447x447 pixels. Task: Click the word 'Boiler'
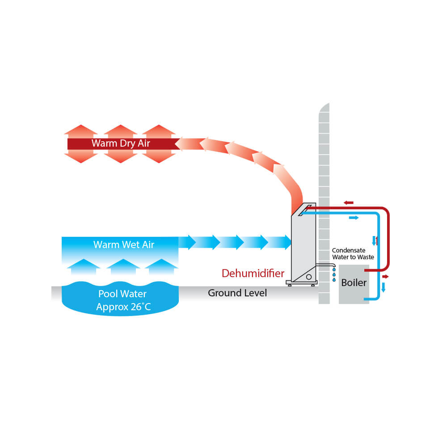point(354,283)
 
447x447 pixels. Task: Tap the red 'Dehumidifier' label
point(253,273)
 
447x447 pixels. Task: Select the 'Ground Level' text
point(237,293)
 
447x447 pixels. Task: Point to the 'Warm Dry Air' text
point(121,143)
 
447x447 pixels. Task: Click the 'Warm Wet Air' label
point(124,245)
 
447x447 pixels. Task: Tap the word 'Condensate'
point(348,251)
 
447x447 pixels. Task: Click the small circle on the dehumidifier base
point(308,278)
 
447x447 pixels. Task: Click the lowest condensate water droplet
point(334,280)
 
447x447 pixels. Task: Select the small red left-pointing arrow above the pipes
point(349,202)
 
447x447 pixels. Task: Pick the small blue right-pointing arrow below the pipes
point(354,218)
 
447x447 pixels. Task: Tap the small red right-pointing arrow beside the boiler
point(385,277)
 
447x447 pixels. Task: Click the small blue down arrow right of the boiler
point(383,287)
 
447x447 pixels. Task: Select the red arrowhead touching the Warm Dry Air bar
point(183,143)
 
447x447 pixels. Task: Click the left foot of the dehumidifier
point(290,285)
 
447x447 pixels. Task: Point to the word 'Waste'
point(366,257)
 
